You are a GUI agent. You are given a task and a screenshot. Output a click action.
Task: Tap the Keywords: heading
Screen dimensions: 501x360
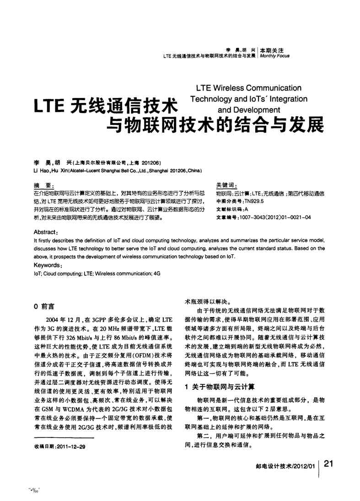click(x=47, y=265)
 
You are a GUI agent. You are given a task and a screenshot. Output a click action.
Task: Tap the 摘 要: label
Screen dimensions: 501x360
click(x=44, y=185)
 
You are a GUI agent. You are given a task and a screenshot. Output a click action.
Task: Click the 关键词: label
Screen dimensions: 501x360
click(x=226, y=185)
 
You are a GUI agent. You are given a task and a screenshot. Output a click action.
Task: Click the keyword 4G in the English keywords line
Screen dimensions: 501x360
click(x=157, y=273)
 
